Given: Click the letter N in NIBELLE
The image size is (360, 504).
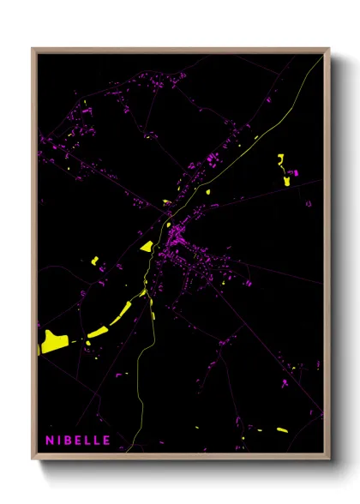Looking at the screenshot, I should pyautogui.click(x=50, y=441).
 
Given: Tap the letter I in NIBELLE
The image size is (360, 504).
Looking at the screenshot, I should pyautogui.click(x=61, y=441).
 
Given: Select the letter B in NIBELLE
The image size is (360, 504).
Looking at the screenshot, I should pyautogui.click(x=70, y=441).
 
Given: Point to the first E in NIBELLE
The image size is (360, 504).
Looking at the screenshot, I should pyautogui.click(x=81, y=441).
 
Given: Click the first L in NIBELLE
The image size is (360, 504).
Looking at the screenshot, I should pyautogui.click(x=91, y=441).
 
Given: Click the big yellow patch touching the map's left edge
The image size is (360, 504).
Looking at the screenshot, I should pyautogui.click(x=51, y=341).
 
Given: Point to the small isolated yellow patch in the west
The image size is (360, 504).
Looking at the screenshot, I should pyautogui.click(x=95, y=261).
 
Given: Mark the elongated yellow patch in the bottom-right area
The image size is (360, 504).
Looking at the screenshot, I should pyautogui.click(x=292, y=369).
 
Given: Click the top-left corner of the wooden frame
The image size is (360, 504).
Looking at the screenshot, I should pyautogui.click(x=33, y=49).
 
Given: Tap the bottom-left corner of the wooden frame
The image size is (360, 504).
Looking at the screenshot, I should pyautogui.click(x=33, y=459).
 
